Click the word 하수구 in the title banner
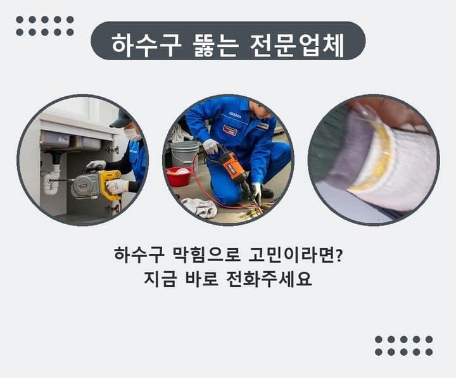(x=146, y=46)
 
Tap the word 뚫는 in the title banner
(x=215, y=46)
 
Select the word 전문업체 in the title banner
(x=297, y=46)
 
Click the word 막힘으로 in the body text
(x=206, y=255)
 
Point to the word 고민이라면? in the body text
(x=296, y=255)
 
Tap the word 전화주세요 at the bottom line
(x=269, y=279)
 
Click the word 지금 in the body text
(x=160, y=279)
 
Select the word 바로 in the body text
(x=201, y=279)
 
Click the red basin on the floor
(x=179, y=176)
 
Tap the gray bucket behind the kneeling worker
(x=184, y=153)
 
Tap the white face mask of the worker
(x=132, y=134)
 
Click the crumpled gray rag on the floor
(x=199, y=207)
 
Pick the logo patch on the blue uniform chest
(x=230, y=130)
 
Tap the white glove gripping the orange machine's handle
(x=210, y=146)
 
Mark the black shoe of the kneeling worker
(x=266, y=192)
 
